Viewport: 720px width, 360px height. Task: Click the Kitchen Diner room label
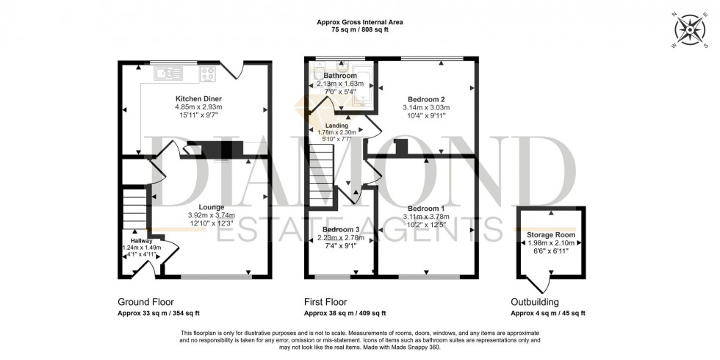pos(198,98)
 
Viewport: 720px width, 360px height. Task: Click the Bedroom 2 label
pos(425,99)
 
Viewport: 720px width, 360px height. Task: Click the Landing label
pos(336,126)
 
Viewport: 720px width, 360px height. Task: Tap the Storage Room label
pos(550,234)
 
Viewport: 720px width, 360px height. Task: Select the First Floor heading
pos(325,302)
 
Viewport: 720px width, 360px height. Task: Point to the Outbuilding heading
pos(535,302)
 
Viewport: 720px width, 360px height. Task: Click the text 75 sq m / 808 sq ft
pos(359,32)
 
